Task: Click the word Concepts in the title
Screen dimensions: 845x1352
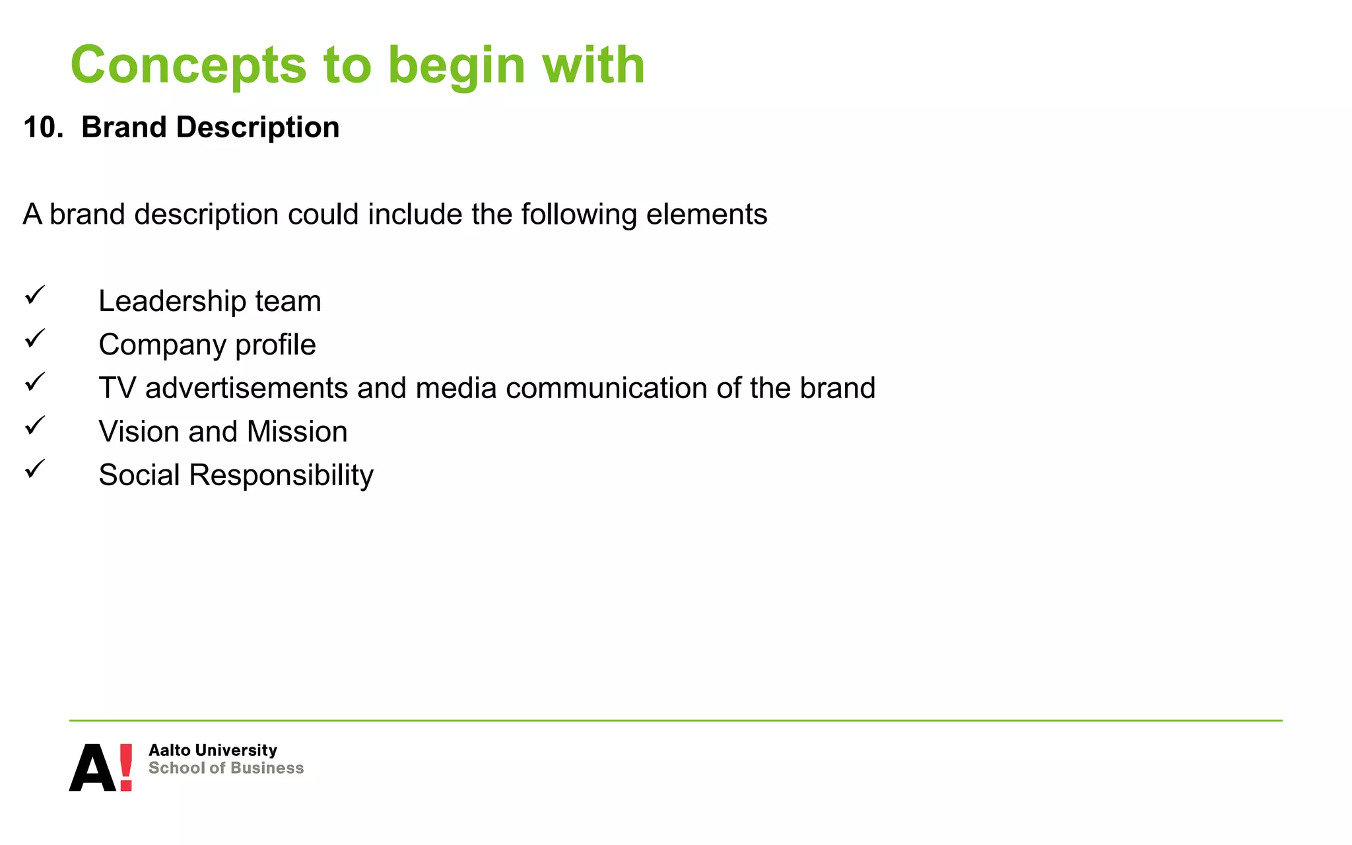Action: (189, 66)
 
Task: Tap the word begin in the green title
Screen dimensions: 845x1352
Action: (456, 66)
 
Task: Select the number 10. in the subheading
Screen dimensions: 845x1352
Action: (42, 127)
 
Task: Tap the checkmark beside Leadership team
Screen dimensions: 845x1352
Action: (35, 295)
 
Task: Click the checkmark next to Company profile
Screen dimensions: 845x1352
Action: (35, 339)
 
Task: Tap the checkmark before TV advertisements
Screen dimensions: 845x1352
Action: (35, 382)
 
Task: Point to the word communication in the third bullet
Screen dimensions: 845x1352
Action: (606, 388)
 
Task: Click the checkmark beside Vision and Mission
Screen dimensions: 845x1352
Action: (35, 426)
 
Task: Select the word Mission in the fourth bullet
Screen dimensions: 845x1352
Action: (296, 432)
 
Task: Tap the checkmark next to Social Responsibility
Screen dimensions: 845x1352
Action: (35, 469)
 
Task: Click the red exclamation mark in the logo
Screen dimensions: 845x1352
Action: (125, 767)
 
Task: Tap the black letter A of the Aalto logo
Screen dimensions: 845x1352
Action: (92, 769)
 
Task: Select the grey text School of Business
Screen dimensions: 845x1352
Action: (226, 768)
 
